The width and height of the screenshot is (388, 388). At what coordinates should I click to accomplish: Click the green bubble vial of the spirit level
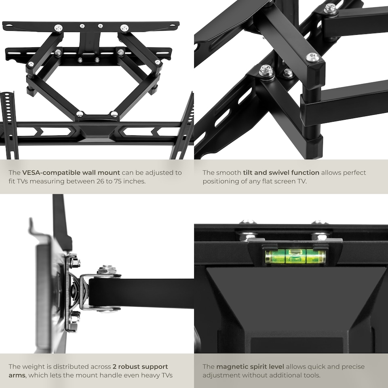295,256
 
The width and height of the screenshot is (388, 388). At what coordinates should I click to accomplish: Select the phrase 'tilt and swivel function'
281,173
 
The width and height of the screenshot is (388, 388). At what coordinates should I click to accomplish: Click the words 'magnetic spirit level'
251,367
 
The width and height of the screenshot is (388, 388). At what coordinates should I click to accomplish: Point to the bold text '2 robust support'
140,367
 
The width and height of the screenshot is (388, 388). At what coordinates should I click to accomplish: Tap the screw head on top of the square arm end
312,57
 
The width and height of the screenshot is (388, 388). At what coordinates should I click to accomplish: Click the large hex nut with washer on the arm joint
266,71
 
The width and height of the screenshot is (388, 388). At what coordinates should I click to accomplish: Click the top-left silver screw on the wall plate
59,28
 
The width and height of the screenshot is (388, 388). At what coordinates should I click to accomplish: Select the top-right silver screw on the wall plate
124,28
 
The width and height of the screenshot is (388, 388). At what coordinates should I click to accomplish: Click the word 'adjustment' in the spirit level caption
221,375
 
